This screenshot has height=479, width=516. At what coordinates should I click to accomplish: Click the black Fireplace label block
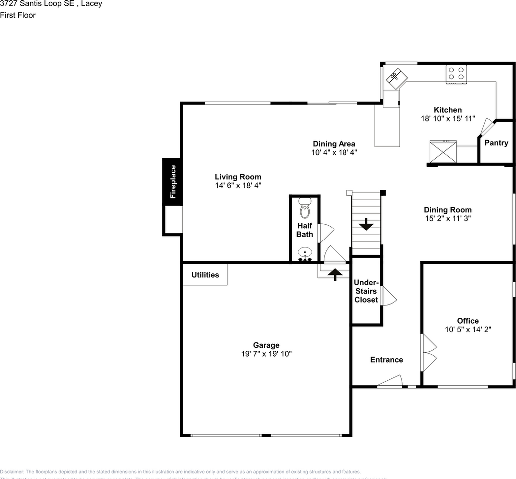(x=172, y=181)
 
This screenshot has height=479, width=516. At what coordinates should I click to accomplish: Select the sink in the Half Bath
(x=305, y=254)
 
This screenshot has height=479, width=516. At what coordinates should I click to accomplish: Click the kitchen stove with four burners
(x=456, y=74)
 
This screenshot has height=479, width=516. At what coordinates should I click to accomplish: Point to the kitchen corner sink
(x=396, y=77)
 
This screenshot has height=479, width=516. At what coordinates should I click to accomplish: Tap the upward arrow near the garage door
(x=335, y=274)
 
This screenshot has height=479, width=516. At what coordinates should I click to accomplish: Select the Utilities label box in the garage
(x=205, y=275)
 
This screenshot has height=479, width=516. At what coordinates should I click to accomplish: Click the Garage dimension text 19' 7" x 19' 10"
(x=266, y=354)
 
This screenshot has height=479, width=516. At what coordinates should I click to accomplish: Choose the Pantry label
(x=496, y=143)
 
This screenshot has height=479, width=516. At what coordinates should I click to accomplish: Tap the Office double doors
(x=428, y=353)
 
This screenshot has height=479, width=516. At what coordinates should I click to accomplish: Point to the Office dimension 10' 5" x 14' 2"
(x=468, y=329)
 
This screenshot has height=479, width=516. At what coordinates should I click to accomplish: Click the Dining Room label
(x=447, y=210)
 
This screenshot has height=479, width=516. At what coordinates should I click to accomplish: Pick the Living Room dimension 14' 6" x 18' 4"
(x=238, y=185)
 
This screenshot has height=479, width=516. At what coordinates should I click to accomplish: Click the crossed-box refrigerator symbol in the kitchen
(x=443, y=152)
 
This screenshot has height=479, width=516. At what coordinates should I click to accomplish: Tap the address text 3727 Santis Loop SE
(x=37, y=4)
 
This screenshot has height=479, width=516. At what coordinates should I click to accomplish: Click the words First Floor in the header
(x=18, y=15)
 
